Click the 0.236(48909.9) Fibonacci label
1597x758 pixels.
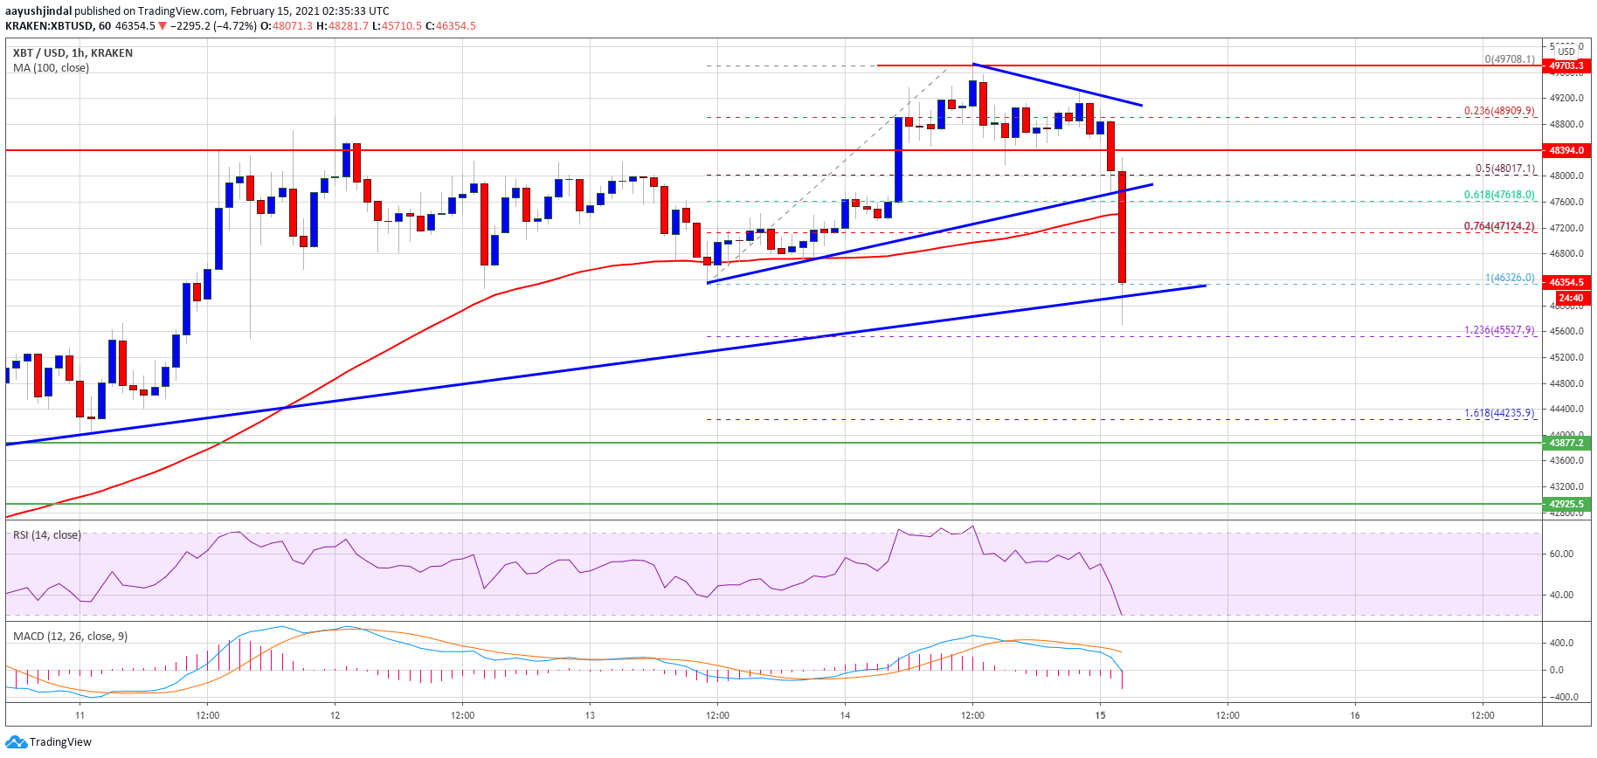click(1499, 111)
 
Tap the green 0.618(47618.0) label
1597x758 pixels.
click(1499, 195)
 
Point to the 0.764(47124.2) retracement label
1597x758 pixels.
click(1499, 226)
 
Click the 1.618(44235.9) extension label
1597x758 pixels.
click(1499, 413)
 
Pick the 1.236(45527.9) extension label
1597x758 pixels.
click(1499, 330)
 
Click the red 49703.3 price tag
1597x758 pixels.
click(1566, 65)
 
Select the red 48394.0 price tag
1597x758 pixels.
click(1566, 150)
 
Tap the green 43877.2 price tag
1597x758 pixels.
click(1566, 443)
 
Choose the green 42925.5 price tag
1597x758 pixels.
click(1566, 504)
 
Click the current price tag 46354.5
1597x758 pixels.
click(1566, 282)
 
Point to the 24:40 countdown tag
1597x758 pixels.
click(1570, 298)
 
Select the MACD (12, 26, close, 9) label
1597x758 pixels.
click(70, 636)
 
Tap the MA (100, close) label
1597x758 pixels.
click(51, 67)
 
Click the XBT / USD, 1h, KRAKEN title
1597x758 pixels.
click(73, 52)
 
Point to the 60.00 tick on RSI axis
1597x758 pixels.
click(1561, 554)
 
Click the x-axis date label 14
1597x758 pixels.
click(845, 715)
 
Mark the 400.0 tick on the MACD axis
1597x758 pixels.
click(1561, 643)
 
